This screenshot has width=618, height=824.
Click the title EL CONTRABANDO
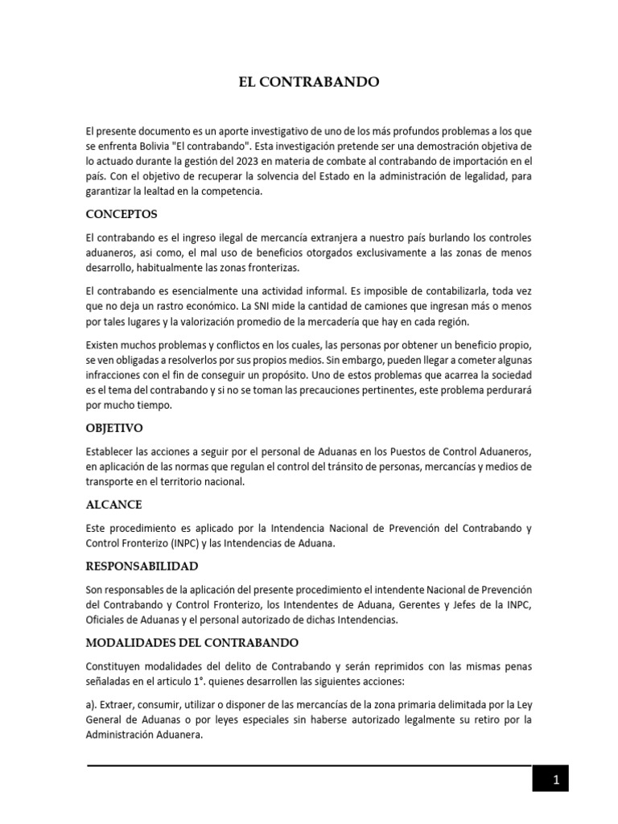coord(308,82)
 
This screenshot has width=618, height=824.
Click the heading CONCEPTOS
coord(122,215)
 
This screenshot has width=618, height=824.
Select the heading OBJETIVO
coord(116,428)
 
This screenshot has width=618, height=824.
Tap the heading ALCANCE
coord(114,505)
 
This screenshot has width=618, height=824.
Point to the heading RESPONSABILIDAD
coord(142,566)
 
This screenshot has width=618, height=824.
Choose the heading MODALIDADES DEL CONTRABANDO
coord(192,643)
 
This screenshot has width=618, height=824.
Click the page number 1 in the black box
coord(555,780)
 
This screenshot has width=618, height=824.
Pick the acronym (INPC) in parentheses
coord(184,542)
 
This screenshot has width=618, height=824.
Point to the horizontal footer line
coord(309,764)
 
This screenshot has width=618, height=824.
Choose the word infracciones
coord(116,376)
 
